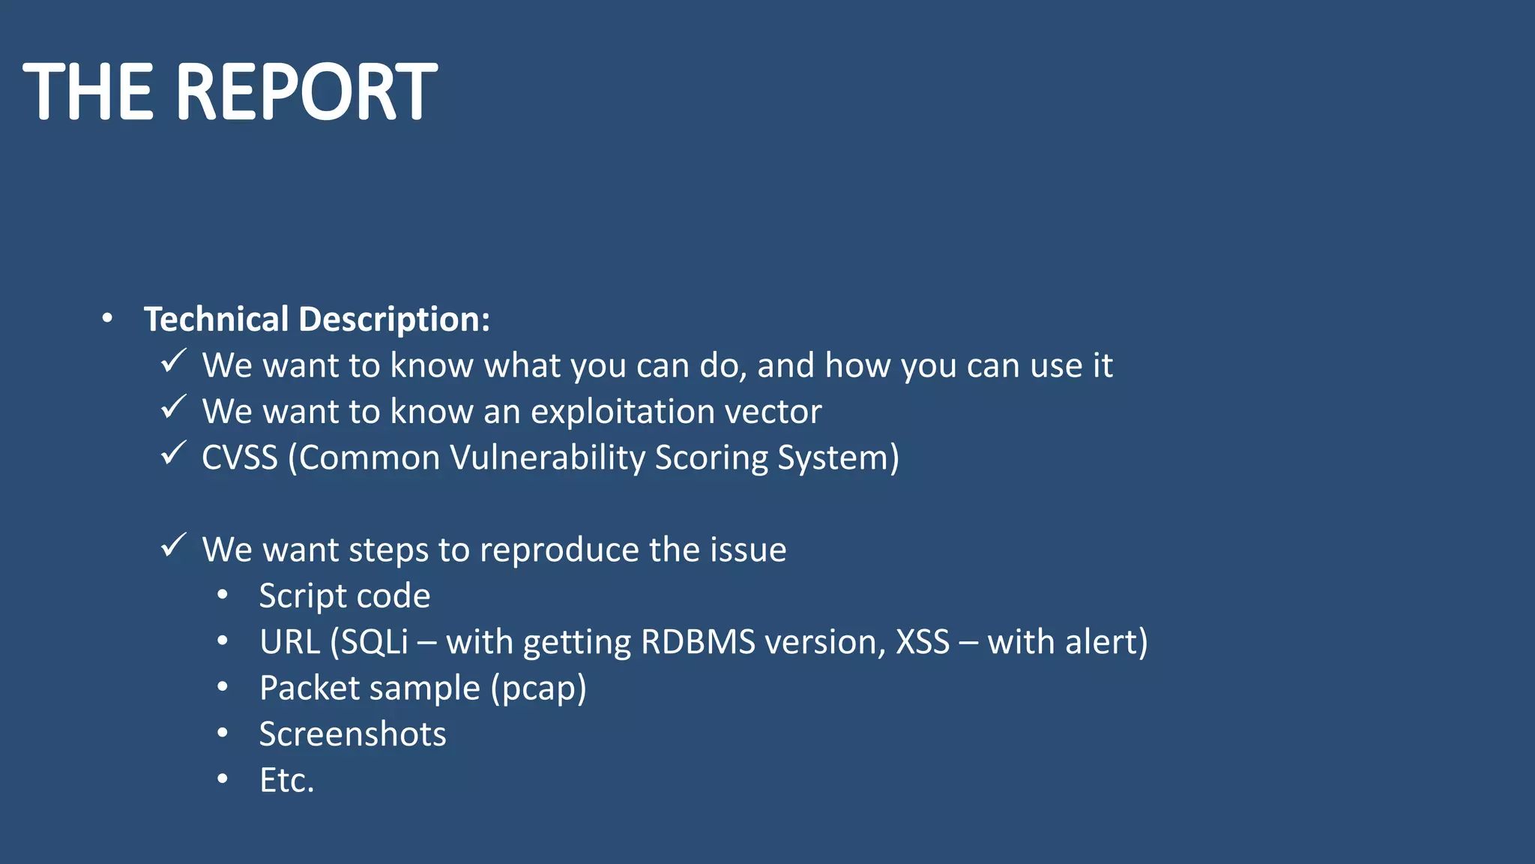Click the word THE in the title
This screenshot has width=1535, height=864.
(x=88, y=92)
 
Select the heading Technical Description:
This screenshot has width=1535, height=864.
(x=316, y=319)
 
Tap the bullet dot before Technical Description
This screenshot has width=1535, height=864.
(x=107, y=319)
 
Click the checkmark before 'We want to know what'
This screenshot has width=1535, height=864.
(x=173, y=361)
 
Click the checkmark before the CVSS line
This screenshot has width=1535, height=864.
(x=173, y=454)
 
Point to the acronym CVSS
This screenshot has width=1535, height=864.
(x=239, y=457)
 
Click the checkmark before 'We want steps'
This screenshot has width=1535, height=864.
(x=173, y=546)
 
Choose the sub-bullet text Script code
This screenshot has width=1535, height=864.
(x=344, y=596)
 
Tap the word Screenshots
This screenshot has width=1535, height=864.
(x=352, y=734)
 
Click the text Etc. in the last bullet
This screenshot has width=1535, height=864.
(x=286, y=781)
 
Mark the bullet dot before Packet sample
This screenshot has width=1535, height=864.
(x=222, y=688)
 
